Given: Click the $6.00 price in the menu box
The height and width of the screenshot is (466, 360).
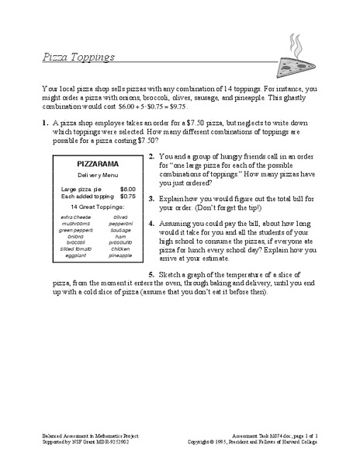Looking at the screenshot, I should (128, 189).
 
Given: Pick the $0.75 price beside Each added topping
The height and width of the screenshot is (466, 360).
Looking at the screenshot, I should (128, 196).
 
